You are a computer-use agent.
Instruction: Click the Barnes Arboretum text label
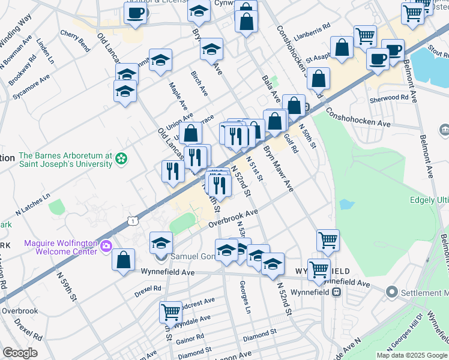pyautogui.click(x=57, y=158)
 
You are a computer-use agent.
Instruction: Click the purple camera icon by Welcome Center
pyautogui.click(x=106, y=245)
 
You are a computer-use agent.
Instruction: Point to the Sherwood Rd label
pyautogui.click(x=389, y=97)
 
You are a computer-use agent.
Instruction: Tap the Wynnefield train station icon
pyautogui.click(x=336, y=292)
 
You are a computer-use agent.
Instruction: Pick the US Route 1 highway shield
pyautogui.click(x=133, y=221)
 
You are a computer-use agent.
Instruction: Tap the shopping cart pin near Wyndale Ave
pyautogui.click(x=170, y=312)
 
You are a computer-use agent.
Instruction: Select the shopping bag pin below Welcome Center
pyautogui.click(x=123, y=260)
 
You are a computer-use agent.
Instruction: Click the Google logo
pyautogui.click(x=20, y=353)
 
